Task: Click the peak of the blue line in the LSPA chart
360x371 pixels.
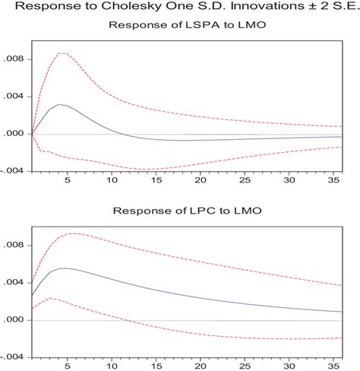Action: pos(60,104)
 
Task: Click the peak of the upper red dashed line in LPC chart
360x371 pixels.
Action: pos(73,233)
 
